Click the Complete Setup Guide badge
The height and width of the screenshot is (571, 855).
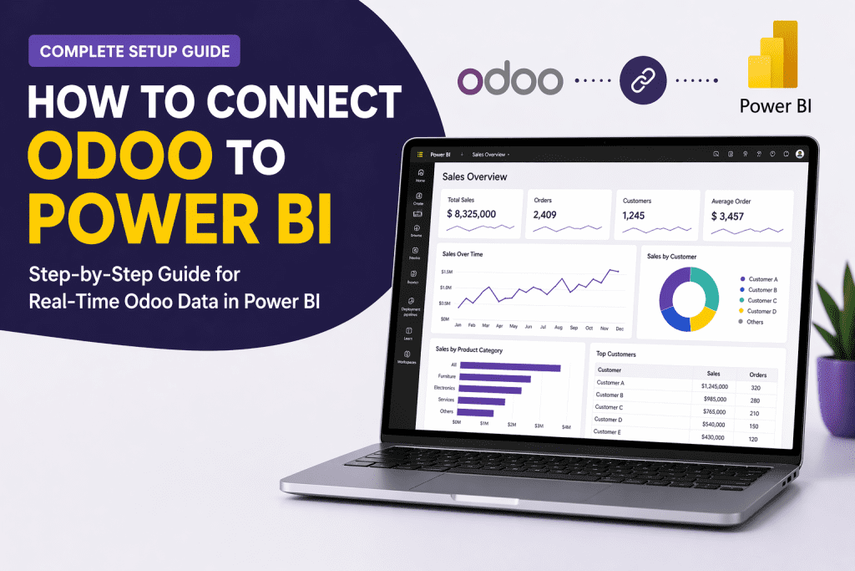tap(134, 51)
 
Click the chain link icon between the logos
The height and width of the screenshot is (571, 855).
tap(640, 80)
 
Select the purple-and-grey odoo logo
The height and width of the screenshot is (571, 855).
tap(510, 80)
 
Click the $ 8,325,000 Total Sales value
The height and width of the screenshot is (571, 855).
tap(472, 214)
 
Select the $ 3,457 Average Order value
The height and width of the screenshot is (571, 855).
tap(728, 217)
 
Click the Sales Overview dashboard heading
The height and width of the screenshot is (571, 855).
tap(474, 176)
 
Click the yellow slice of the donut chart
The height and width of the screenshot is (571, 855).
tap(703, 318)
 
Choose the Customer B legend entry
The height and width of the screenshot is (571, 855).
tap(762, 290)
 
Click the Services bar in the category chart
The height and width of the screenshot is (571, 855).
tap(483, 401)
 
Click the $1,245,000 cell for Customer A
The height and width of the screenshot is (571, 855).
tap(714, 386)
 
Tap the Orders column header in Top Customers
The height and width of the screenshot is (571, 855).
tap(757, 374)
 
